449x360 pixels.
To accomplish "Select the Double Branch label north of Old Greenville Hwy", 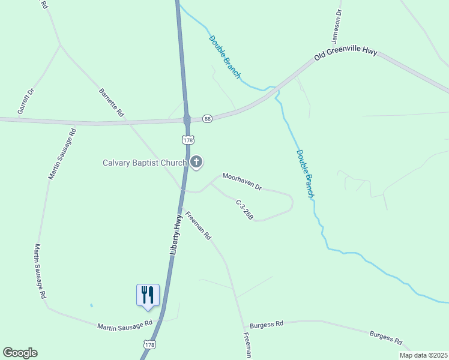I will click(x=224, y=58).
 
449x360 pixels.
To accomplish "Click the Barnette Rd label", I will click(x=111, y=103).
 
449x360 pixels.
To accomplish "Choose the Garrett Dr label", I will click(x=26, y=100).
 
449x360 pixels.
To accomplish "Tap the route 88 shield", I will click(x=207, y=118).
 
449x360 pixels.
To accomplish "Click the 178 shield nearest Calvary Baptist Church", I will click(x=188, y=140).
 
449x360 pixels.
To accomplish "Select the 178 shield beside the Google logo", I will click(x=150, y=344).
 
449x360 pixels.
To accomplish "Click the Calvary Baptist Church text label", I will click(x=145, y=163).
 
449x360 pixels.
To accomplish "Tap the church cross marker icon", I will click(x=196, y=162).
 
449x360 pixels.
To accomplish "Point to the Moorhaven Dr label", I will click(x=242, y=181).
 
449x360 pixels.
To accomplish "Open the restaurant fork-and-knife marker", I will click(x=148, y=295).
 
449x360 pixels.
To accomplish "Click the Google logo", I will click(x=20, y=353).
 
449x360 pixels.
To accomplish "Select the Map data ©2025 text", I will click(x=423, y=355).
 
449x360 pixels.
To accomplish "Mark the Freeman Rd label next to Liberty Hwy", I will click(x=198, y=226).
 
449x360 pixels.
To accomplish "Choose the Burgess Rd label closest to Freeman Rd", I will click(x=267, y=324).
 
